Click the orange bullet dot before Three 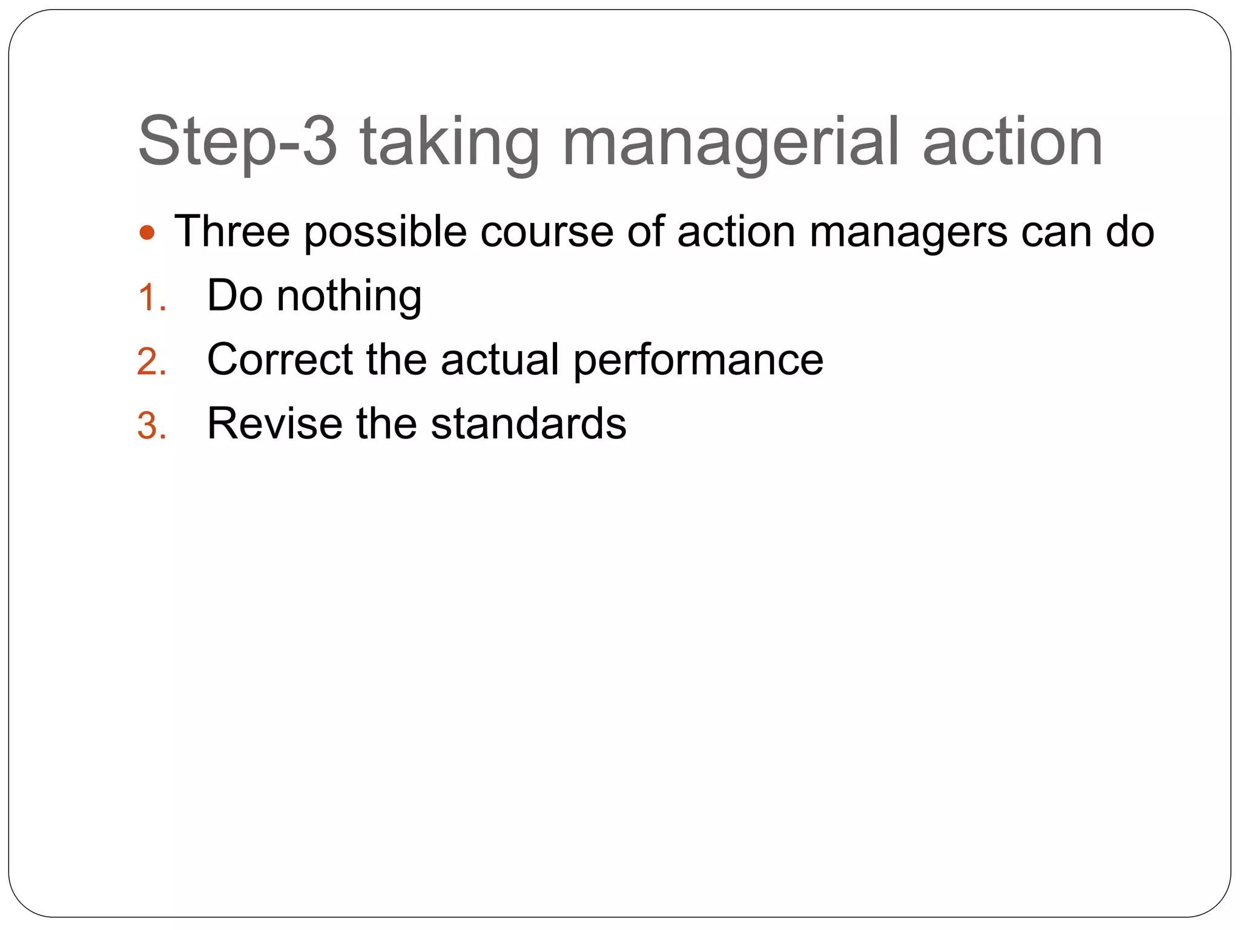click(147, 232)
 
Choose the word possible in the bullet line click(385, 232)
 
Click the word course click(547, 232)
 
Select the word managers click(908, 232)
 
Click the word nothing click(349, 297)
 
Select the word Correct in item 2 click(280, 360)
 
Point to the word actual click(500, 360)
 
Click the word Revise click(274, 423)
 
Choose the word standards click(529, 423)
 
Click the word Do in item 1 click(235, 296)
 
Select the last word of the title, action click(1012, 143)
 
